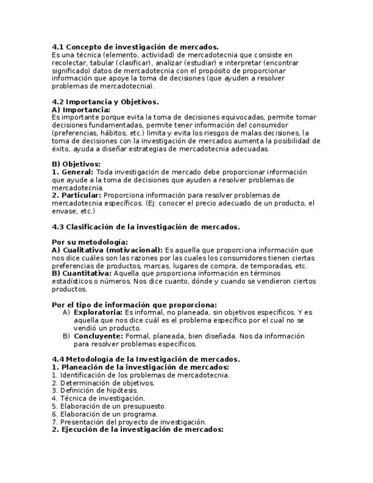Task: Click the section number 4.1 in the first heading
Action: pyautogui.click(x=58, y=47)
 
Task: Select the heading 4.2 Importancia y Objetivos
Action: pyautogui.click(x=105, y=102)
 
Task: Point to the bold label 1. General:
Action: pyautogui.click(x=72, y=172)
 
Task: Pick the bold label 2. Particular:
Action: pyautogui.click(x=76, y=195)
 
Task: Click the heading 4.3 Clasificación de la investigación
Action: pyautogui.click(x=146, y=227)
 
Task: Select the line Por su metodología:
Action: pyautogui.click(x=90, y=242)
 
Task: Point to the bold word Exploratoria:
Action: pyautogui.click(x=98, y=313)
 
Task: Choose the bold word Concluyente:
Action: pyautogui.click(x=98, y=336)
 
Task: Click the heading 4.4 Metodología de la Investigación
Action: pyautogui.click(x=146, y=359)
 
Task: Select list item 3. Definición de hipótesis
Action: pyautogui.click(x=95, y=391)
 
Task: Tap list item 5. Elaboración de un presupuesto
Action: pyautogui.click(x=109, y=407)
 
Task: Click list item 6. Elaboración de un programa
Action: pyautogui.click(x=105, y=415)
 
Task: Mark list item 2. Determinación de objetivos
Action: pyautogui.click(x=103, y=383)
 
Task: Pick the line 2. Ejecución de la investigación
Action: pyautogui.click(x=137, y=430)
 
